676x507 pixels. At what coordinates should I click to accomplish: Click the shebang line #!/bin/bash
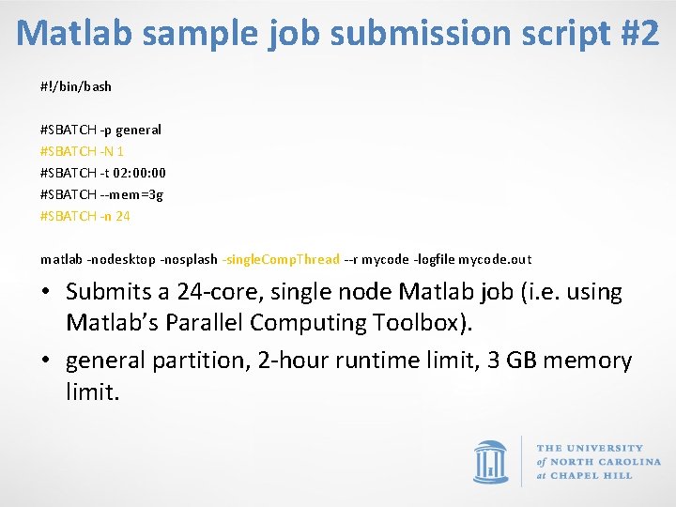click(x=76, y=86)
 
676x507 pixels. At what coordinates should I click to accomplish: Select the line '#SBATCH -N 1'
click(x=83, y=151)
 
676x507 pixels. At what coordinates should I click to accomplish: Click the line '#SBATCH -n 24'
click(x=85, y=216)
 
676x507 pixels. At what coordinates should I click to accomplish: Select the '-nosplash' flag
click(x=189, y=259)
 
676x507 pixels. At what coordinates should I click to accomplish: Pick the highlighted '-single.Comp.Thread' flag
click(x=280, y=259)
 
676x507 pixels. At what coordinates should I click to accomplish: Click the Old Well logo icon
click(x=489, y=461)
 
